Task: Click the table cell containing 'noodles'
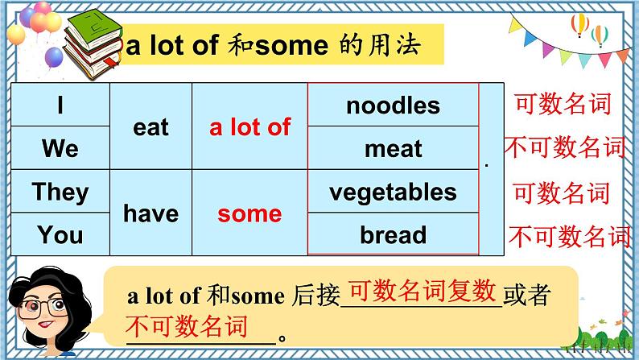[393, 106]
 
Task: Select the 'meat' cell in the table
[393, 148]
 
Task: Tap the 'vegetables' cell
[393, 192]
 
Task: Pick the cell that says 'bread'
[393, 234]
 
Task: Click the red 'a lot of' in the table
[249, 127]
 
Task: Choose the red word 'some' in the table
[249, 213]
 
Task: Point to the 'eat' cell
[150, 127]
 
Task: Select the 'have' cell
[150, 213]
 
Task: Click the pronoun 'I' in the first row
[60, 106]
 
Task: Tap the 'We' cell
[60, 148]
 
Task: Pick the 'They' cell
[60, 192]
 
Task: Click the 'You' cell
[60, 234]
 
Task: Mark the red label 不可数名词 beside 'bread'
[570, 236]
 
